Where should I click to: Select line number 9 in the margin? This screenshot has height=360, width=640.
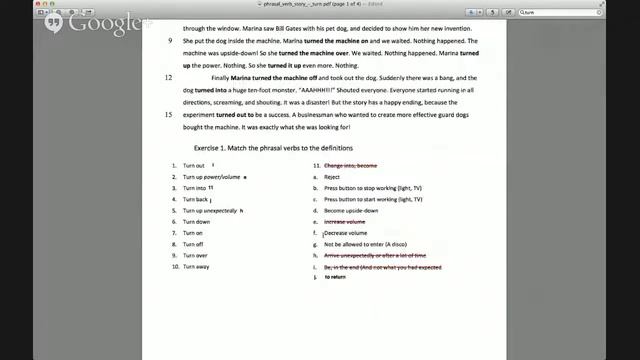(170, 42)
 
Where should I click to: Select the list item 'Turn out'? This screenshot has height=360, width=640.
(194, 165)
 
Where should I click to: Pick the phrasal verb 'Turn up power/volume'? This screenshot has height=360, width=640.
(211, 177)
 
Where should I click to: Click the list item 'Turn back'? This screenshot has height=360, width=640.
(196, 199)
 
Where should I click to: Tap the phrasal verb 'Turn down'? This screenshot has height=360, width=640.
(197, 222)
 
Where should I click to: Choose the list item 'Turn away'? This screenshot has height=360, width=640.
(197, 267)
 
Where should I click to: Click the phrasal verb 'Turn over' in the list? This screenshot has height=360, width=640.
(196, 256)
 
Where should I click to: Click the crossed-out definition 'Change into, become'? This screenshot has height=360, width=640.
(350, 165)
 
